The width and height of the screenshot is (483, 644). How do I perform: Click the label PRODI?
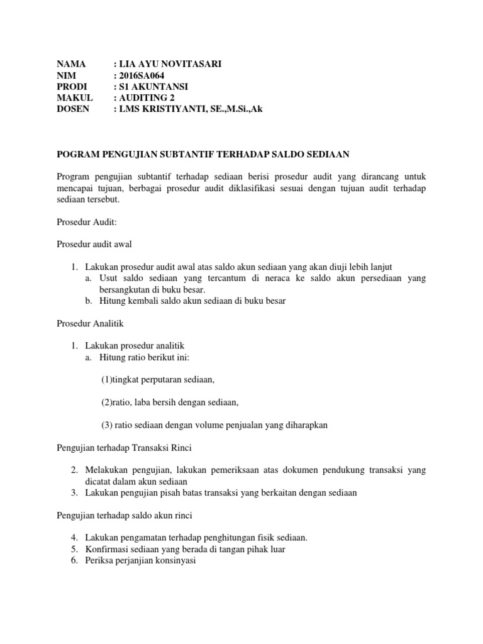(72, 86)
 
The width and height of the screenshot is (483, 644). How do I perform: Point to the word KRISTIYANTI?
(171, 109)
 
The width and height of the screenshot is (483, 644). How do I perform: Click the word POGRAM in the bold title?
(77, 154)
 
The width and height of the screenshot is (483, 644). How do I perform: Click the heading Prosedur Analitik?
(90, 324)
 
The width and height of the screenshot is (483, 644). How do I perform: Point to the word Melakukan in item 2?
(106, 470)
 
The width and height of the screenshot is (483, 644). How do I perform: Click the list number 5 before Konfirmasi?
(74, 549)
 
